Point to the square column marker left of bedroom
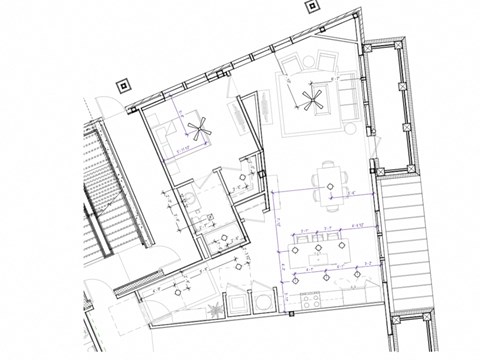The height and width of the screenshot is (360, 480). (x=123, y=87)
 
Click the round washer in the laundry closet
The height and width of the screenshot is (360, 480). (x=261, y=299)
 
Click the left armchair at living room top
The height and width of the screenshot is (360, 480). (x=292, y=67)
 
